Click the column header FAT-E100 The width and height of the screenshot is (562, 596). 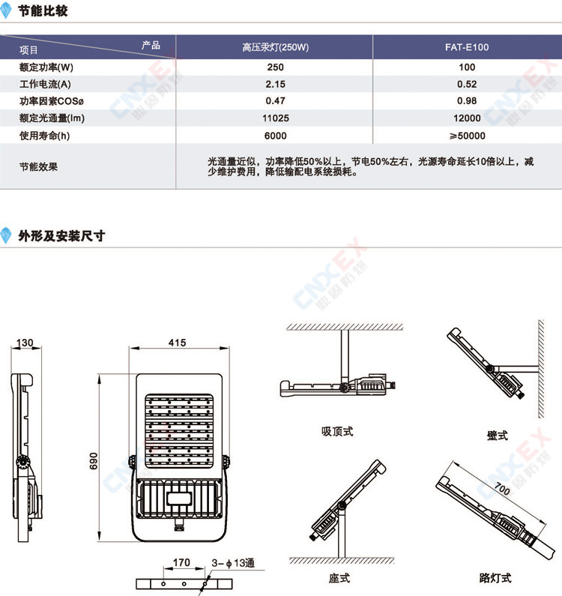pos(467,47)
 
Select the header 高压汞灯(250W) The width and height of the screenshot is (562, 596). pos(276,47)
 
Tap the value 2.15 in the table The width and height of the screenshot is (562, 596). pos(276,84)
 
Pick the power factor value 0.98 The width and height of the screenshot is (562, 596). pos(467,100)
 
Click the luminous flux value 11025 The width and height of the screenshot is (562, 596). pos(276,118)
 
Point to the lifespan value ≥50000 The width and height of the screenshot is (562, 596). pos(467,136)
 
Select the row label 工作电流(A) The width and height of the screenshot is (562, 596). pos(45,84)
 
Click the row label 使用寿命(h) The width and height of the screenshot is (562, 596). pos(44,136)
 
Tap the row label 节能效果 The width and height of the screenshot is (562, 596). pos(38,166)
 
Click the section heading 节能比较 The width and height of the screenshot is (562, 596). pos(43,11)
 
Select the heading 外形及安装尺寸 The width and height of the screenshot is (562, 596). pos(61,235)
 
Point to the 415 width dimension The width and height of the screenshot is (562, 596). pos(178,343)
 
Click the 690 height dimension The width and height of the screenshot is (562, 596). pos(94,460)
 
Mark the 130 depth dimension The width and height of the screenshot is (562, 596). pos(25,343)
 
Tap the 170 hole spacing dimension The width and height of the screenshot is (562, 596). pos(181,562)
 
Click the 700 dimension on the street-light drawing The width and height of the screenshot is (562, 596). pos(502,489)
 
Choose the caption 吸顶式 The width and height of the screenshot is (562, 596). pos(337,431)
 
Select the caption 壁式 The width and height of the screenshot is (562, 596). pos(498,436)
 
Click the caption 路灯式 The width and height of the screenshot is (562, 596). pos(495,578)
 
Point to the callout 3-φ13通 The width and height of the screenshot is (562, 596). pos(233,563)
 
